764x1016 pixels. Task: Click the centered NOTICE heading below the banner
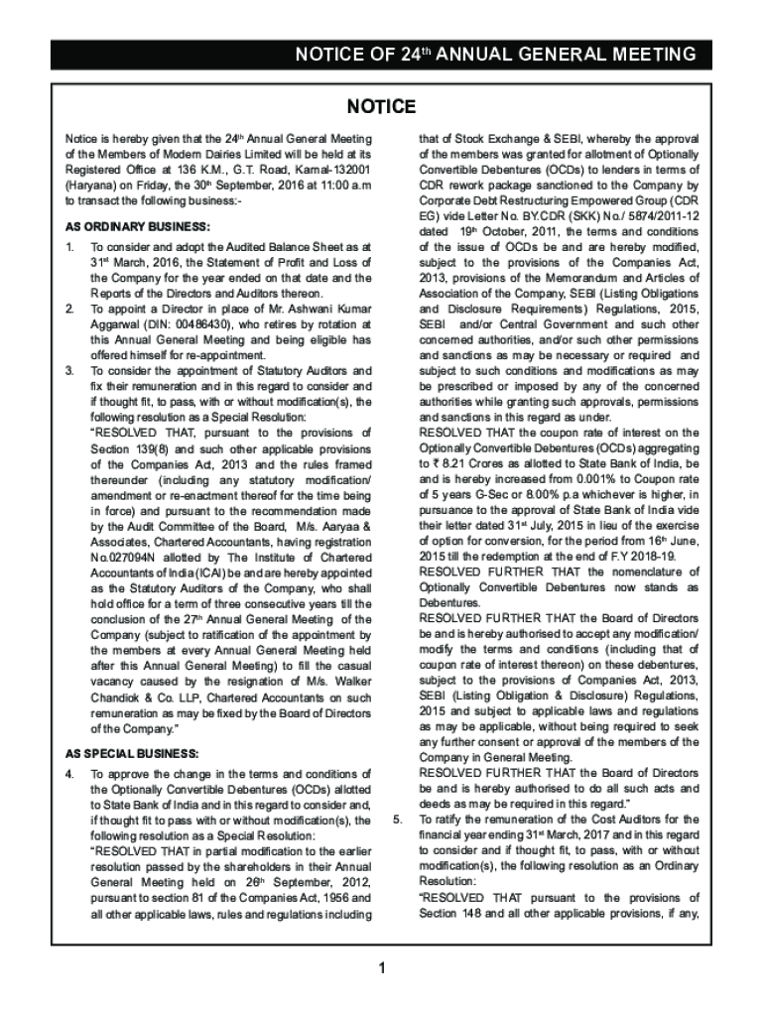point(381,106)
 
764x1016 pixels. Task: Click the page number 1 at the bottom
point(381,968)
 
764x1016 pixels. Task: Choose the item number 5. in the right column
point(398,820)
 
